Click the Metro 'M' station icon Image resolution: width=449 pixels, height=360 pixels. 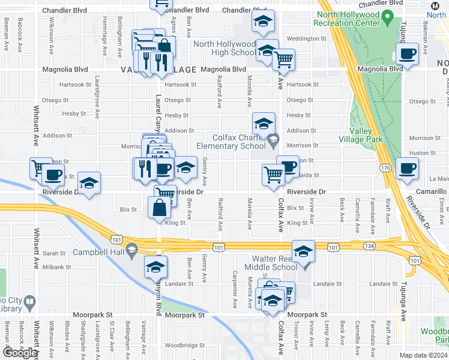[435, 5]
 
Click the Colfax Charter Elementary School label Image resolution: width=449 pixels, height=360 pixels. [231, 142]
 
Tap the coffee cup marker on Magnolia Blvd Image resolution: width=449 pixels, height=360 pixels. [408, 55]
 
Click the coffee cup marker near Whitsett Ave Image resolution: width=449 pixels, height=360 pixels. [53, 175]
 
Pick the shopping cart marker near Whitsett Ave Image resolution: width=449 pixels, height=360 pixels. [40, 168]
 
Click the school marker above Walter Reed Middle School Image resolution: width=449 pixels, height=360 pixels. [304, 251]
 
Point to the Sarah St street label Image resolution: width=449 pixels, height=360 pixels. [53, 254]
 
